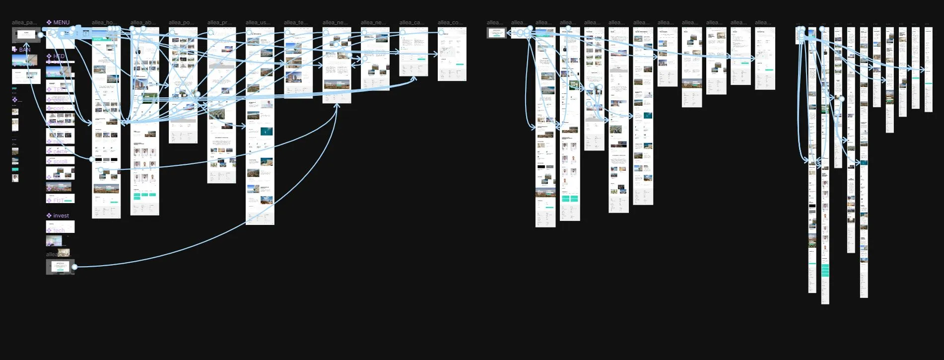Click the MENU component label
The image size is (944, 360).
(61, 22)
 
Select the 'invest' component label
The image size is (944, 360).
(61, 216)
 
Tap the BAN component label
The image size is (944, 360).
(24, 50)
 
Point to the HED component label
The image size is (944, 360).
(59, 56)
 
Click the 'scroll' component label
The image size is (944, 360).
(60, 161)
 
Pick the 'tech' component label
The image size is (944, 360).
(59, 230)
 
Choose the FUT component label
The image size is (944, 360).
(59, 201)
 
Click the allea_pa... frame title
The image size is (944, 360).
(24, 22)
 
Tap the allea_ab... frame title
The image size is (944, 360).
(143, 22)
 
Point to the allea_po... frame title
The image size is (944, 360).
(181, 22)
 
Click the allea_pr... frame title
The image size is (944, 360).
(219, 22)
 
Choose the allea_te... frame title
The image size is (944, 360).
(296, 22)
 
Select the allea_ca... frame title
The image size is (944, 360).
(412, 22)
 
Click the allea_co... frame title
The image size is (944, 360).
(450, 22)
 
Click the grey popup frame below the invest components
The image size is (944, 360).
(60, 267)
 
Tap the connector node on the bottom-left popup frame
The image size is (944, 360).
(74, 267)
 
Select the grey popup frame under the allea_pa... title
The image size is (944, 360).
(26, 35)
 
